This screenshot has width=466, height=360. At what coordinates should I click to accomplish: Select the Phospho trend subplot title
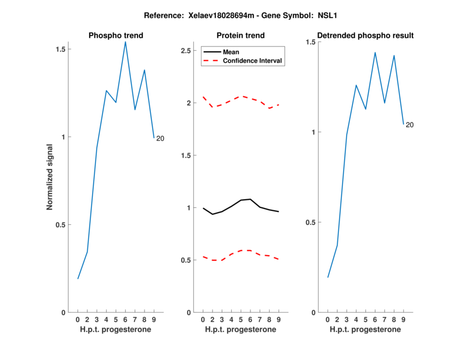115,36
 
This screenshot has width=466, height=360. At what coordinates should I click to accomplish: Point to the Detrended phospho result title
365,36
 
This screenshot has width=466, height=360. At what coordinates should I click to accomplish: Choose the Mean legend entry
231,52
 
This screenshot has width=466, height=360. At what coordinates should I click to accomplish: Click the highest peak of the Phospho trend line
125,41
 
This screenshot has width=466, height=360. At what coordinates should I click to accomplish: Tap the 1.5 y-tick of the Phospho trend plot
60,50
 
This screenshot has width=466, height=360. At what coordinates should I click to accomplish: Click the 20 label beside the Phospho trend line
160,138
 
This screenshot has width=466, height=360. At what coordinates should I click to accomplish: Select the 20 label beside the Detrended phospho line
409,125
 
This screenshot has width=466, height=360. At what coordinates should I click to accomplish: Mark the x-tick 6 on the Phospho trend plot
125,319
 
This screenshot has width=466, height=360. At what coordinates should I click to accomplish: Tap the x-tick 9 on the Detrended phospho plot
404,319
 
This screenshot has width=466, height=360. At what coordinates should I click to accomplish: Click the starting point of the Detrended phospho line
328,277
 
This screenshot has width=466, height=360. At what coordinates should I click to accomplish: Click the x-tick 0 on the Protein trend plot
203,319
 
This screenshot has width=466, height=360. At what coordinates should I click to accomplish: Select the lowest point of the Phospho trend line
78,278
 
